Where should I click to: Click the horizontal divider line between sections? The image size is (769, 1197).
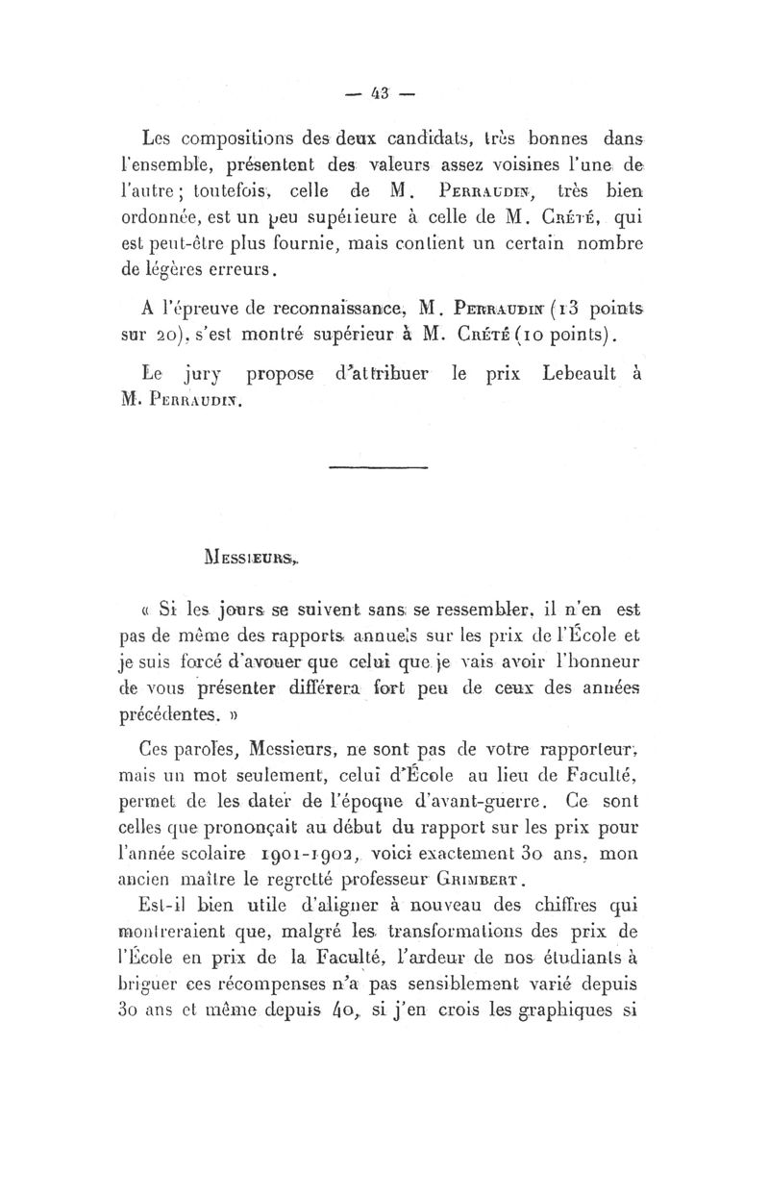[370, 467]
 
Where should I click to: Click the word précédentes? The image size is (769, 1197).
[166, 715]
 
